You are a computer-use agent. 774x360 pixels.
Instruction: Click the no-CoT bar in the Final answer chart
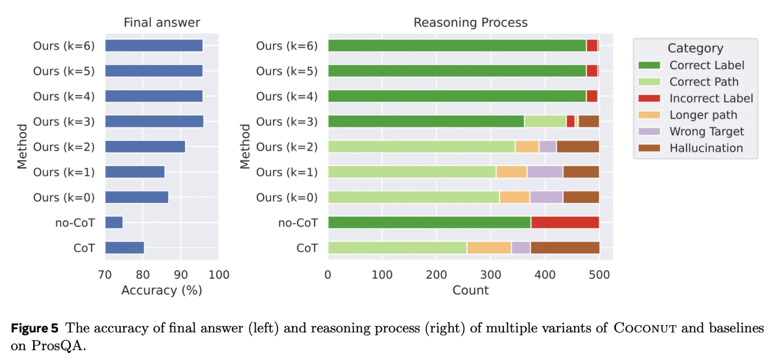(114, 223)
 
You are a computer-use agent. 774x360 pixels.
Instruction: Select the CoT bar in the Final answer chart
(124, 248)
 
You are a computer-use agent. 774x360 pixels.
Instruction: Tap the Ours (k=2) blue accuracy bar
(145, 147)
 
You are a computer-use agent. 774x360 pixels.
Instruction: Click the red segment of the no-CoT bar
(565, 223)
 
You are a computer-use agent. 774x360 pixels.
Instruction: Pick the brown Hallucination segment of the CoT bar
(565, 248)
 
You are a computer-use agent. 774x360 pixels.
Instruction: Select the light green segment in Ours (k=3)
(545, 121)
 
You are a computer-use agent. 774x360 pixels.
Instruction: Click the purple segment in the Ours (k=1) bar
(545, 172)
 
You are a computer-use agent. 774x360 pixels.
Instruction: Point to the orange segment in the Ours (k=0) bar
(515, 197)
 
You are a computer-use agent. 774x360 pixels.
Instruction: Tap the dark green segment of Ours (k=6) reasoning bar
(457, 46)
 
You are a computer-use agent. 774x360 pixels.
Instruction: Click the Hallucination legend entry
(706, 148)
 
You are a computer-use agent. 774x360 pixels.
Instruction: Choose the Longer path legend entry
(703, 115)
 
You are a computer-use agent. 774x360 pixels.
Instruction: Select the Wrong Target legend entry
(706, 131)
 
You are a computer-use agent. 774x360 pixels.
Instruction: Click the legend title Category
(695, 48)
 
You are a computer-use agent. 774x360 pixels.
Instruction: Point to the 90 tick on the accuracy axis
(181, 274)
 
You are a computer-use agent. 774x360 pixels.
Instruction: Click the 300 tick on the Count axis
(491, 274)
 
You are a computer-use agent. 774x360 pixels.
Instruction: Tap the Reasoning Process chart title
(470, 23)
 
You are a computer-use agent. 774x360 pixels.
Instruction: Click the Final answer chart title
(161, 23)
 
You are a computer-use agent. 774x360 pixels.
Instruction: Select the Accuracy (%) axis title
(161, 290)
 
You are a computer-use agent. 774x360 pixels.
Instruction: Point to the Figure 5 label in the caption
(34, 328)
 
